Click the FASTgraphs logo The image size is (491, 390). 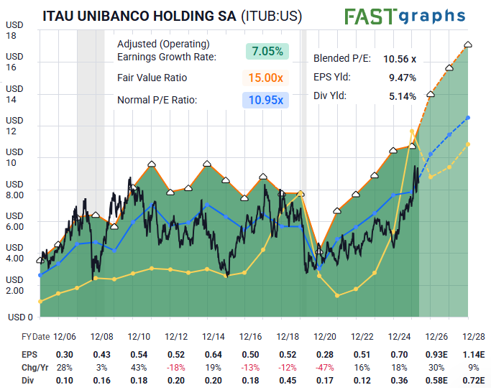click(405, 17)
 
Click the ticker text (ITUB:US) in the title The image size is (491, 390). click(272, 17)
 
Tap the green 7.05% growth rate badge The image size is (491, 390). click(267, 51)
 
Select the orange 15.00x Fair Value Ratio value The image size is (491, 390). click(265, 78)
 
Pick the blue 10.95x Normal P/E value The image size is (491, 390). click(265, 100)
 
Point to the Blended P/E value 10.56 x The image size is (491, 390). click(400, 59)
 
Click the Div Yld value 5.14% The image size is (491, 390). click(403, 96)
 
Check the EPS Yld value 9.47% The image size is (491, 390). click(403, 78)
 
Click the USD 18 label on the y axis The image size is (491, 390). click(14, 30)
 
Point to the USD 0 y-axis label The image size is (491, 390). click(20, 317)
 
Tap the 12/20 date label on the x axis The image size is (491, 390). click(325, 337)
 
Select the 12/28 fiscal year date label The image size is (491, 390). click(474, 337)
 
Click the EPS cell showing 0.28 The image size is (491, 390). click(325, 355)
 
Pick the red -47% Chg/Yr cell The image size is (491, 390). click(325, 368)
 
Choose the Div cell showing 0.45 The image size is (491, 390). click(288, 381)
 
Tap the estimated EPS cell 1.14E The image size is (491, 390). click(474, 355)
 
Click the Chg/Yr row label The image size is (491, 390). click(35, 368)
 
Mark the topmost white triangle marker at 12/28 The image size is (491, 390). click(468, 45)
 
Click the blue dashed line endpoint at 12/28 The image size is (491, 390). click(468, 118)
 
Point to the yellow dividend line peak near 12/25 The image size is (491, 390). click(412, 131)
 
